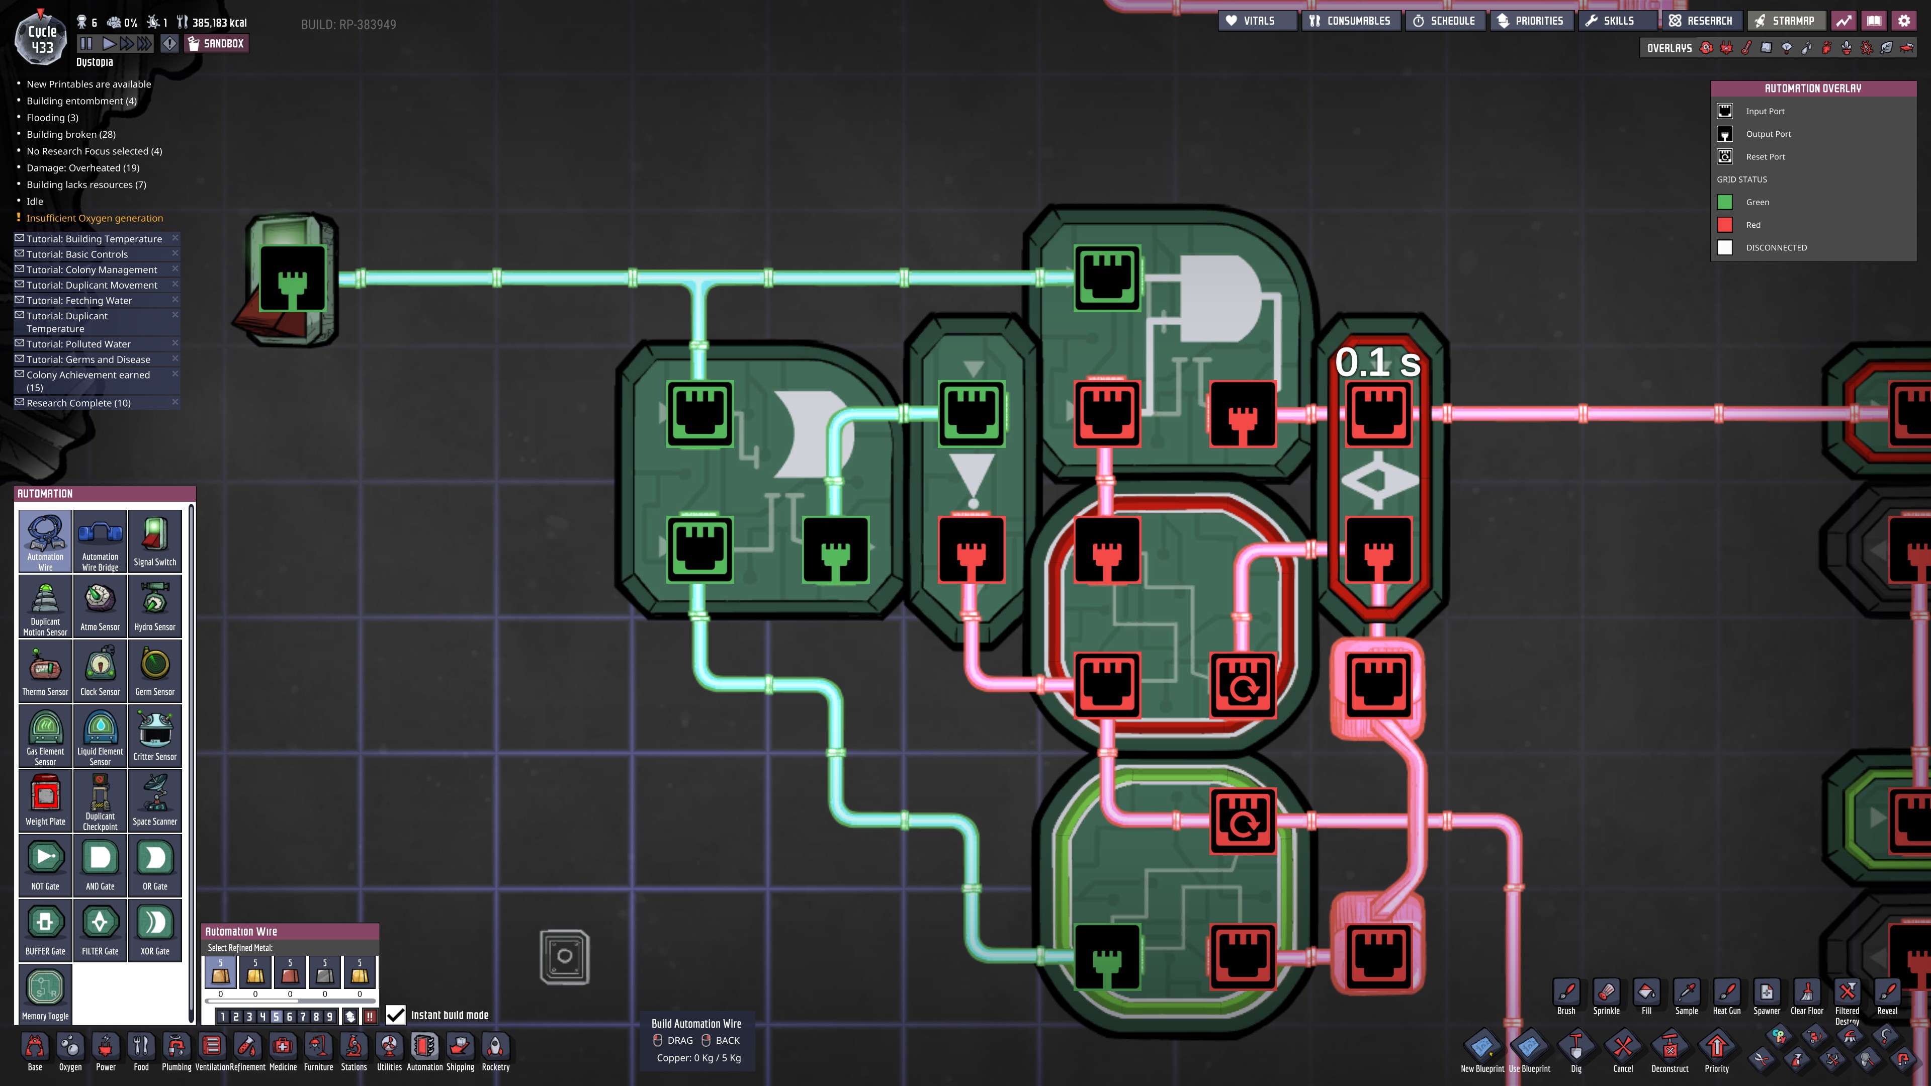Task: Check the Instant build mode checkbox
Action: (x=396, y=1015)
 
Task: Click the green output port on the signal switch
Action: (x=292, y=279)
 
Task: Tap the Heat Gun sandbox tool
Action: (x=1726, y=998)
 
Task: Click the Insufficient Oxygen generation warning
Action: (x=95, y=218)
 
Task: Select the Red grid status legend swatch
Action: (x=1725, y=225)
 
